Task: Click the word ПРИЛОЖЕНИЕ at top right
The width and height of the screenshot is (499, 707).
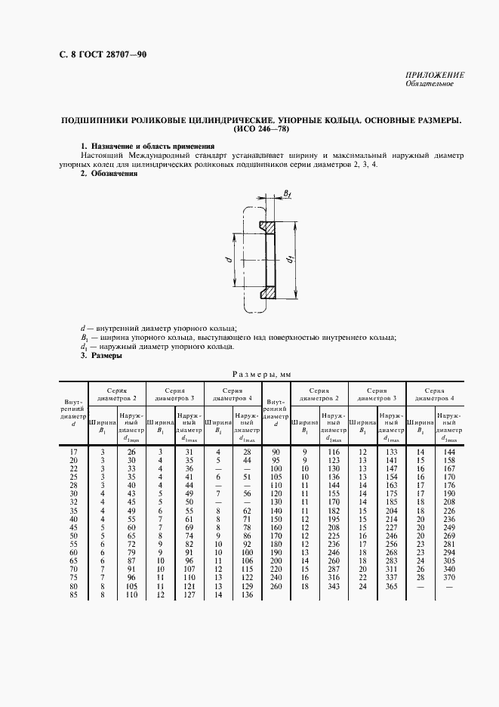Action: tap(435, 75)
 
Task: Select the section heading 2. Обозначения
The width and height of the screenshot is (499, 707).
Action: tap(109, 173)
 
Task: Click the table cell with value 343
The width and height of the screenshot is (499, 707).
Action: tap(331, 585)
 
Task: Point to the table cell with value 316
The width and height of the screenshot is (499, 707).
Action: tap(331, 577)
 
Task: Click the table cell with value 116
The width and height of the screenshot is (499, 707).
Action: tap(331, 451)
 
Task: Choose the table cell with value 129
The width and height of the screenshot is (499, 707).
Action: tap(245, 585)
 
